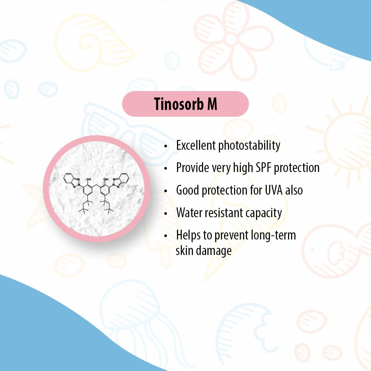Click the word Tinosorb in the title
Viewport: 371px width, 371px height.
click(179, 104)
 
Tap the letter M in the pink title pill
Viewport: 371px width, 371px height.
click(212, 104)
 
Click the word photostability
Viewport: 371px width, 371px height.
click(249, 146)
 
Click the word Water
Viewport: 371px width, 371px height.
click(189, 212)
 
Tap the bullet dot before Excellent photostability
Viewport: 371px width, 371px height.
click(166, 146)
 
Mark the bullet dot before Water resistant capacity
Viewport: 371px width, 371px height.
click(166, 213)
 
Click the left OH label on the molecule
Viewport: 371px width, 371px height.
click(89, 179)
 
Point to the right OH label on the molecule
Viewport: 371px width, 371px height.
click(106, 179)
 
